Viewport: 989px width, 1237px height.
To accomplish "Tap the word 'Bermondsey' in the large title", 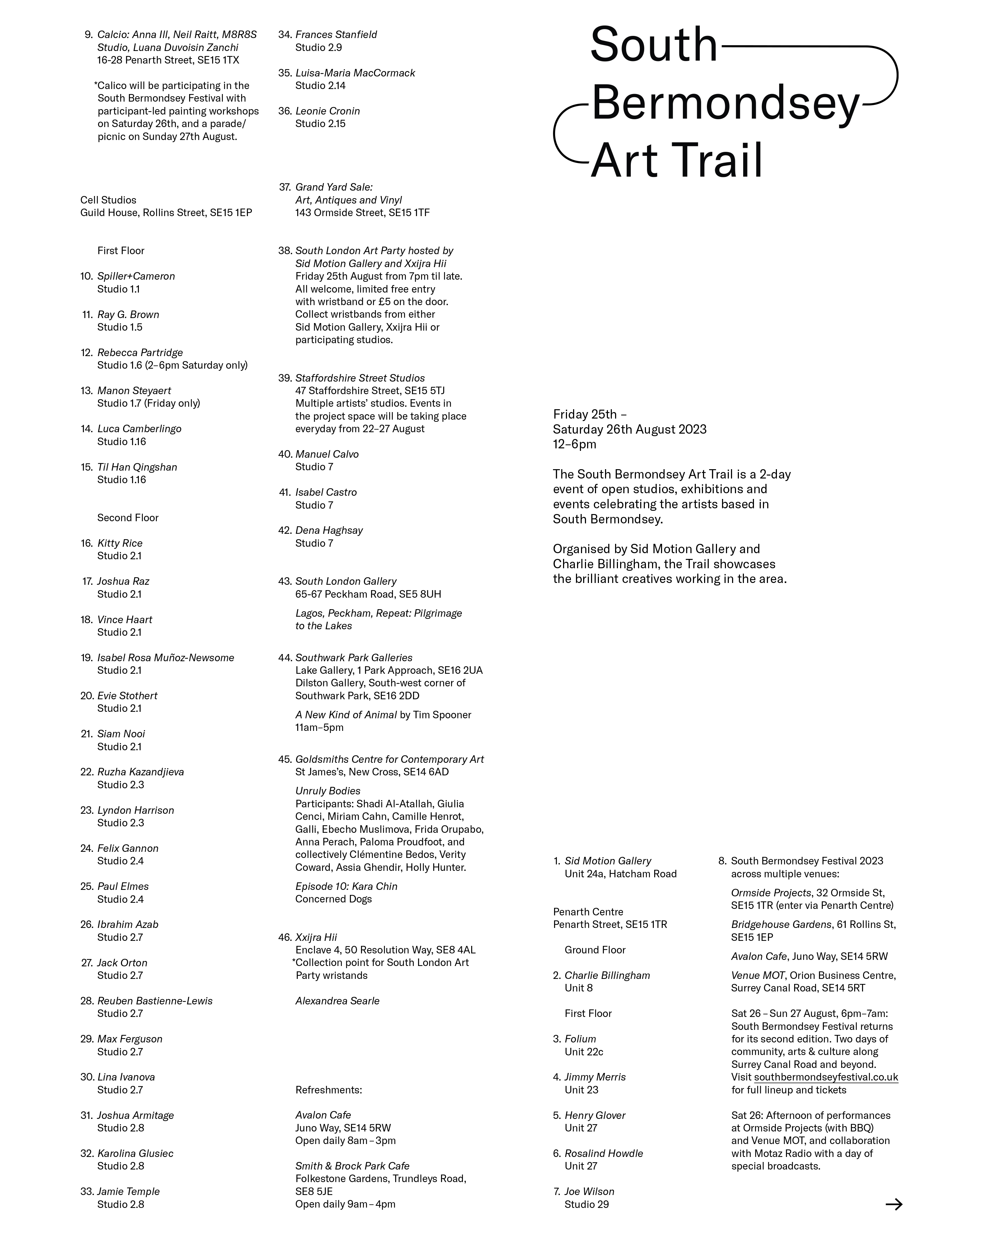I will tap(725, 103).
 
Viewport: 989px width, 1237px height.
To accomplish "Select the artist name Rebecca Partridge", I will tap(140, 352).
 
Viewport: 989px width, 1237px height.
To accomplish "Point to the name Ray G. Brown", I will tap(128, 314).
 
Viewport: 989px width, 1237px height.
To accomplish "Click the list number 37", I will tap(285, 187).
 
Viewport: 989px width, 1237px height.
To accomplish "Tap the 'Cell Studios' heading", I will tap(108, 200).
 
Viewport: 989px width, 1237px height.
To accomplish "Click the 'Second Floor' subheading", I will tap(127, 518).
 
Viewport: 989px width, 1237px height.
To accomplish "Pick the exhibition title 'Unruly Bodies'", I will tap(328, 790).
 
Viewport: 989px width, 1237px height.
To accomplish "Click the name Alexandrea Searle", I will tap(337, 1000).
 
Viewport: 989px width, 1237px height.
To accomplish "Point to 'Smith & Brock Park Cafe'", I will tap(352, 1166).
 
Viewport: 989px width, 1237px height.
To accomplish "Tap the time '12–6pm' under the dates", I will tap(574, 444).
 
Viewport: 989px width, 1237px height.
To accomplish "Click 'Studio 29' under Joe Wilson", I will tap(586, 1204).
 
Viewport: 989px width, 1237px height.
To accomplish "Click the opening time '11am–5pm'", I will tap(319, 728).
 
